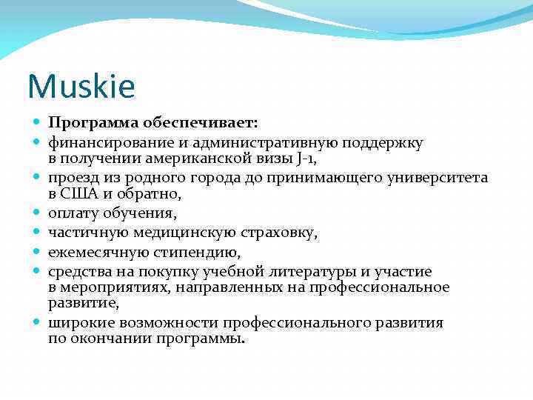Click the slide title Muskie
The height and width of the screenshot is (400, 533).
[81, 87]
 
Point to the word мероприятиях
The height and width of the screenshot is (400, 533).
[107, 287]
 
